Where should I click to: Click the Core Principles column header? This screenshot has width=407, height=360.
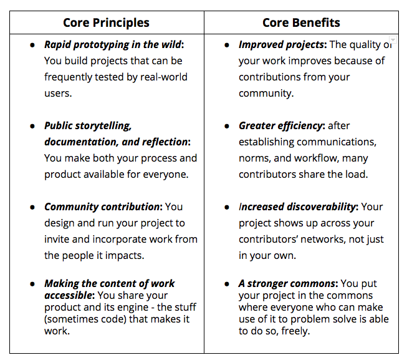click(106, 23)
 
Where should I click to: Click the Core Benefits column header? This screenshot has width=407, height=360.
click(301, 22)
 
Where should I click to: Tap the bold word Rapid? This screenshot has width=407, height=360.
click(57, 45)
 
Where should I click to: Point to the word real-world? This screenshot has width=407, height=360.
click(163, 77)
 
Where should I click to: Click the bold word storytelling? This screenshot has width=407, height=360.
click(103, 126)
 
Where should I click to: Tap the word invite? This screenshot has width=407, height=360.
click(57, 239)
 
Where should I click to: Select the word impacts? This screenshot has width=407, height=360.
click(124, 256)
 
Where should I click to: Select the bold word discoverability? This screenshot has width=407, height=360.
click(322, 207)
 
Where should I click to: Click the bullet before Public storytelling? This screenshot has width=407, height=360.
click(32, 127)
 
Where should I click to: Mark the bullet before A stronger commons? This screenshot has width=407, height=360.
click(227, 284)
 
